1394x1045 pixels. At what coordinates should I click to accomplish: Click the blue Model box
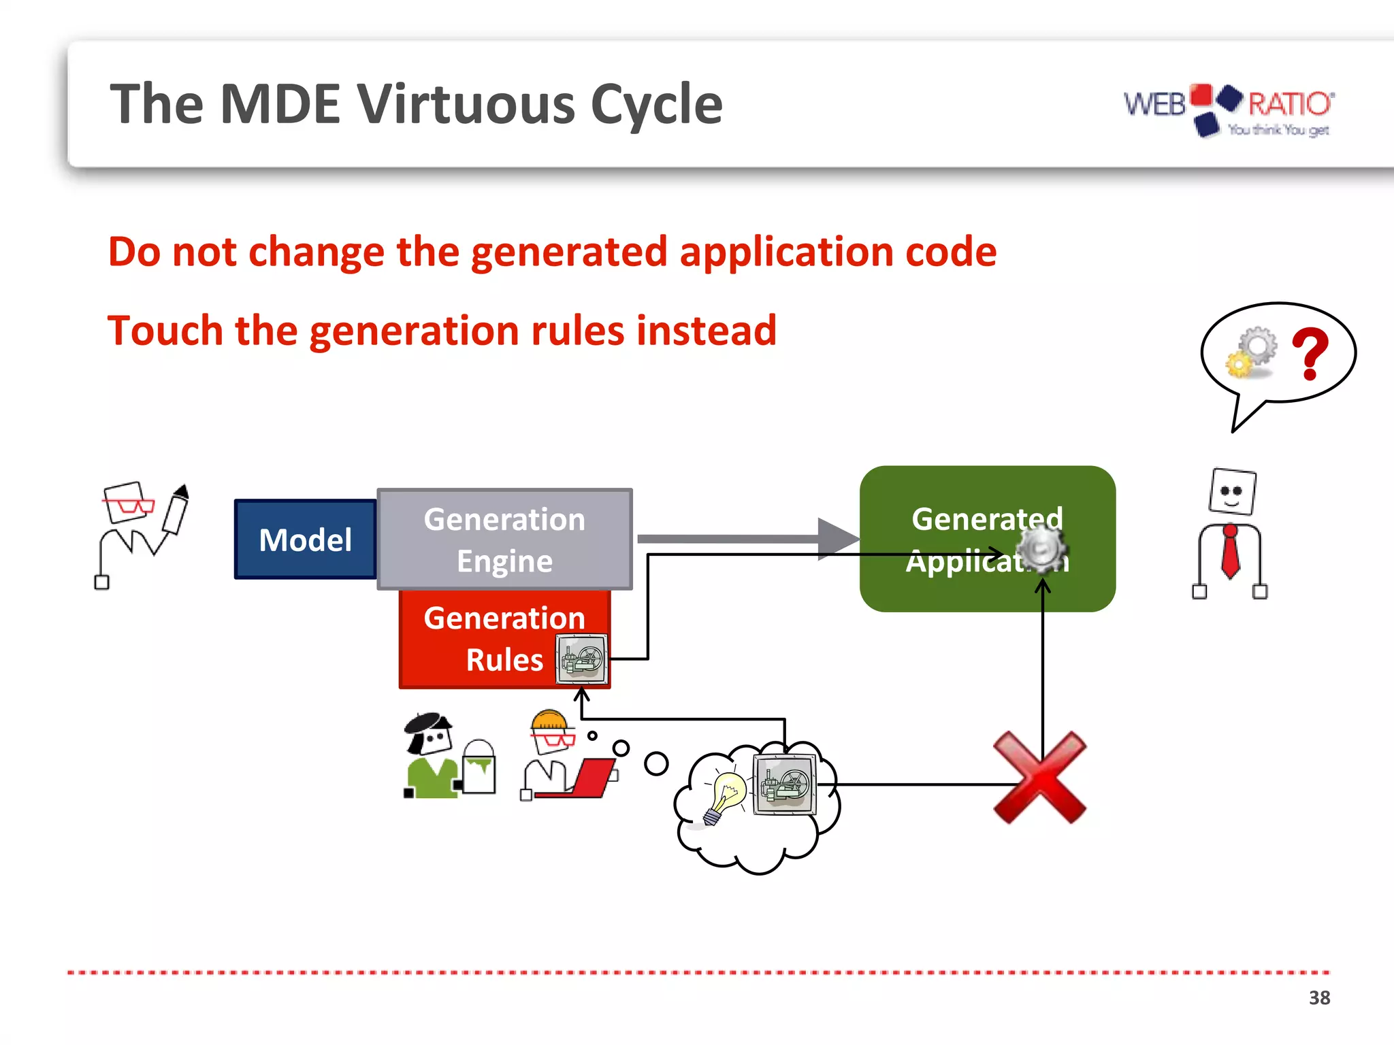[305, 540]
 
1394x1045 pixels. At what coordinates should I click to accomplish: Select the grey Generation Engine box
[504, 539]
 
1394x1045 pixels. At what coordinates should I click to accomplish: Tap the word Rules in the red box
[504, 660]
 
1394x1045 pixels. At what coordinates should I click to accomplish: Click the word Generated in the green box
[986, 519]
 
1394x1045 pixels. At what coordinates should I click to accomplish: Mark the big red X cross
[1039, 778]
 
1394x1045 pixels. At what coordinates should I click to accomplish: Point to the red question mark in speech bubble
[1310, 353]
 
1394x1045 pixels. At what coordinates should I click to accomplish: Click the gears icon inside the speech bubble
[1251, 352]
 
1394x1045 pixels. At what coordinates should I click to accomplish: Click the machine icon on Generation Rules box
[581, 659]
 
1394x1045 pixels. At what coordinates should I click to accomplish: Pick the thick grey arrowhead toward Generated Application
[838, 539]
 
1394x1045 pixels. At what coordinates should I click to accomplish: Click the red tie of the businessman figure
[1231, 552]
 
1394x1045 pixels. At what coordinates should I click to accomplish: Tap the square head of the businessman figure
[1233, 491]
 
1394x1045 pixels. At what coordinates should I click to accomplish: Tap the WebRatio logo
[1229, 109]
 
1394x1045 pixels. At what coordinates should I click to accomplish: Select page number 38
[1319, 998]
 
